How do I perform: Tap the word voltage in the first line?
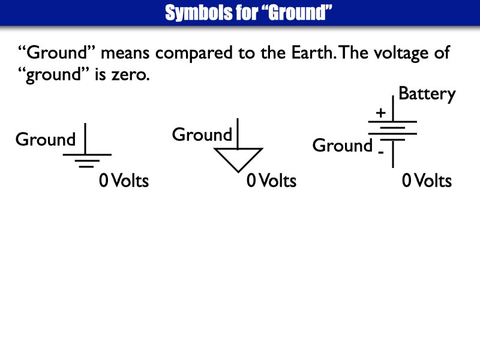[389, 53]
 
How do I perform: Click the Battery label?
[427, 94]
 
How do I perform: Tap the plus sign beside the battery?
[380, 113]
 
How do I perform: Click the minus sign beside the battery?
[380, 153]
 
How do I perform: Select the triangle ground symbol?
[238, 158]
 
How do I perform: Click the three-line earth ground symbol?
[87, 160]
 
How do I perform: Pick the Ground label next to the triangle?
[202, 135]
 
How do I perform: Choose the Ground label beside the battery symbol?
[343, 146]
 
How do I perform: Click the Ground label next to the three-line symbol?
[46, 140]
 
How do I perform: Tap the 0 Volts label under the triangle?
[271, 181]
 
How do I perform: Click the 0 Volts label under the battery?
[427, 181]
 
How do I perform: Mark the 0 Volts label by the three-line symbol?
[124, 181]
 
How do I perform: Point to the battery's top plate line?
[393, 121]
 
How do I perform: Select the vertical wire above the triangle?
[238, 133]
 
